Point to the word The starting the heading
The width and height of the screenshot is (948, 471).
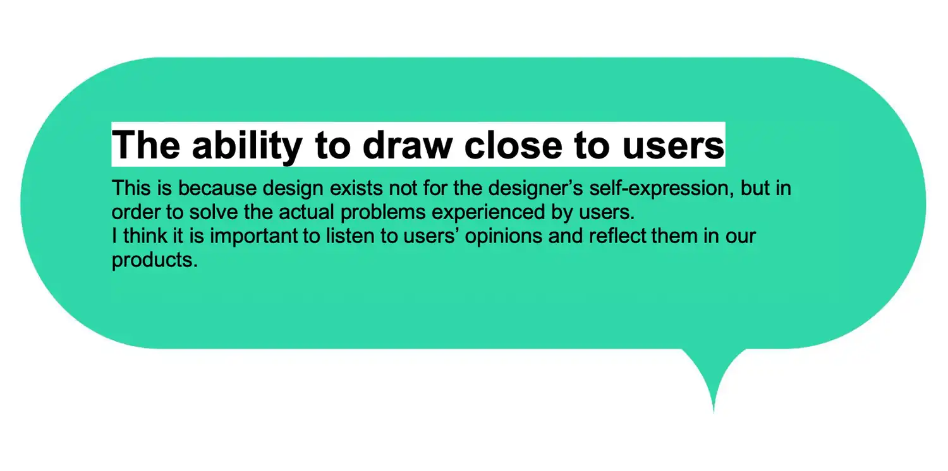pyautogui.click(x=146, y=145)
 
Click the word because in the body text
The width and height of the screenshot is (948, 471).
pyautogui.click(x=217, y=188)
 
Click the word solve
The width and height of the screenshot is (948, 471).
pyautogui.click(x=214, y=212)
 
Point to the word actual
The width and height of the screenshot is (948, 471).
pyautogui.click(x=307, y=212)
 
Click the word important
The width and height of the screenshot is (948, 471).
pyautogui.click(x=253, y=236)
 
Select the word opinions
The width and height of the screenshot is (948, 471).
pyautogui.click(x=504, y=236)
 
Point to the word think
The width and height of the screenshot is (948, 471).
pyautogui.click(x=145, y=235)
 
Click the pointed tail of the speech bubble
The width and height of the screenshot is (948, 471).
pyautogui.click(x=714, y=412)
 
